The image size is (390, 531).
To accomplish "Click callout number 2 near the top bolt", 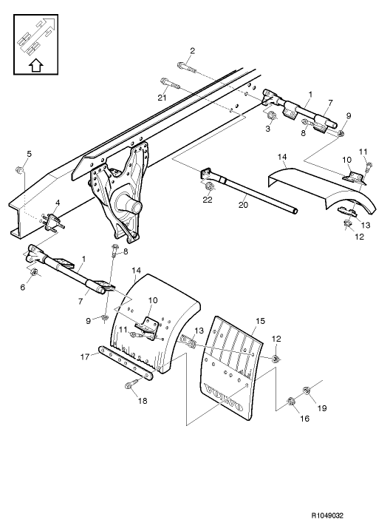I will [192, 50].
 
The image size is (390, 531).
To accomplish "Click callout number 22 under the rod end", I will [208, 200].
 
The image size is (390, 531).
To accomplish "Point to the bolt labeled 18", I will [131, 384].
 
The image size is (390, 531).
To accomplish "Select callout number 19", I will [322, 407].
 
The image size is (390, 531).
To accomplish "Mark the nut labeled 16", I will [290, 402].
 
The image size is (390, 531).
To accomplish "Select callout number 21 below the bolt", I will [162, 97].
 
